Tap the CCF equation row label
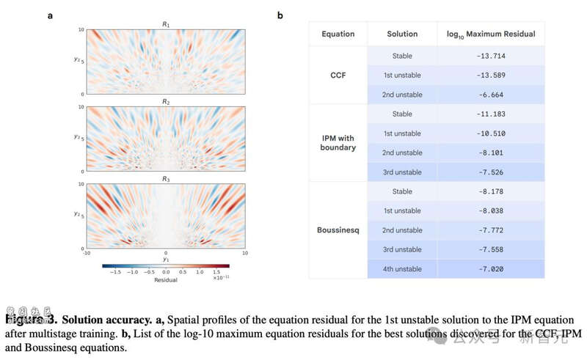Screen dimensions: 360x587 point(338,75)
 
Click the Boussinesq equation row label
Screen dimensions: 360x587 point(338,229)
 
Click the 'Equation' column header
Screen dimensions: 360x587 point(338,34)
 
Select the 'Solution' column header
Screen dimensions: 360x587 point(402,34)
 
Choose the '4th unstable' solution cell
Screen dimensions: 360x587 point(402,268)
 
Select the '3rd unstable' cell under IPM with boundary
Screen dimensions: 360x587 point(402,172)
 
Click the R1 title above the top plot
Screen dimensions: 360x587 point(165,24)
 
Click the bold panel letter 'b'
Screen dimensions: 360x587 point(280,15)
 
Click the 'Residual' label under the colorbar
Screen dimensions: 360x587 point(165,280)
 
